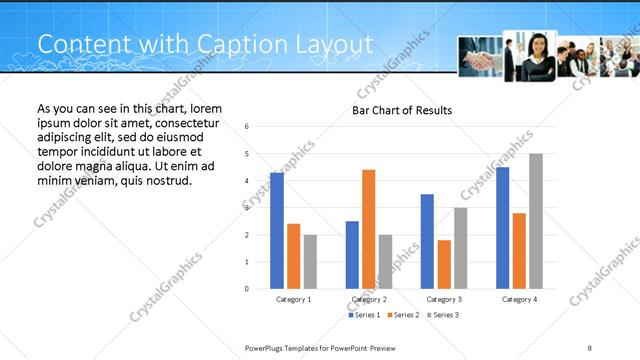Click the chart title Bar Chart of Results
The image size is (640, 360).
pos(401,110)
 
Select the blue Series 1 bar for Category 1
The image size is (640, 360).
pos(277,231)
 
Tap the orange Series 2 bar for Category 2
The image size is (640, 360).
pos(368,229)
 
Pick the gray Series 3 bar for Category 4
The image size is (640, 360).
pos(536,221)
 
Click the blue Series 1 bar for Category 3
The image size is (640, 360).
pos(427,241)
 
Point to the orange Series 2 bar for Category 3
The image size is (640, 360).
pos(444,264)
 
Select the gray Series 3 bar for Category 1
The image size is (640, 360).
pos(310,262)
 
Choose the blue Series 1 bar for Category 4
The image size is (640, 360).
pos(503,228)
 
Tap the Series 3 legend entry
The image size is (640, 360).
pos(445,315)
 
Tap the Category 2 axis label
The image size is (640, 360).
pos(369,299)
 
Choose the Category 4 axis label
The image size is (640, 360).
pos(519,299)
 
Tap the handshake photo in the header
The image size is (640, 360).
pos(480,58)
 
